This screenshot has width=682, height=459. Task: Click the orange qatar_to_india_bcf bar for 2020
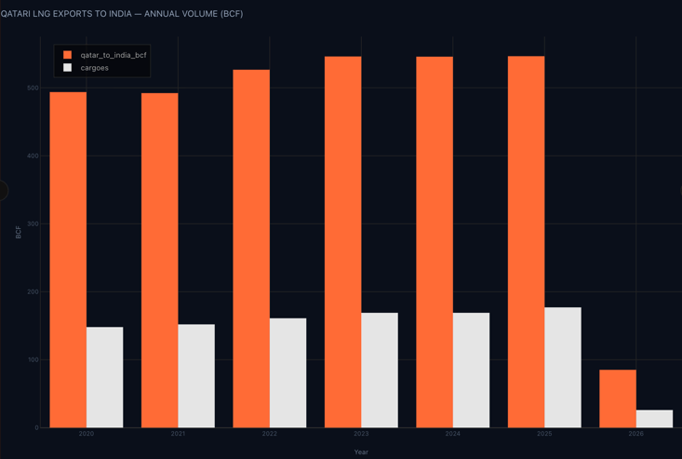coord(68,260)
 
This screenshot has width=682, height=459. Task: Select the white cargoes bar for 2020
coord(104,377)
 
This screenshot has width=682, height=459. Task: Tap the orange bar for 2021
coord(159,261)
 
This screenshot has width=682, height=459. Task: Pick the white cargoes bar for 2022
coord(288,372)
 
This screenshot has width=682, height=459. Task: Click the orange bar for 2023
coord(342,242)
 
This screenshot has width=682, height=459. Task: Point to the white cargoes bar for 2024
coord(471,370)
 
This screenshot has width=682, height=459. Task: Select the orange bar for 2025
coord(526,242)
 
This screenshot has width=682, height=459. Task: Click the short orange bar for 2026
coord(618,398)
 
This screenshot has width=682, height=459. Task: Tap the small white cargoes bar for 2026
coord(654,419)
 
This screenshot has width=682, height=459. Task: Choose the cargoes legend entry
coord(94,68)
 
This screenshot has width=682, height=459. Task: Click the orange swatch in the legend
coord(67,55)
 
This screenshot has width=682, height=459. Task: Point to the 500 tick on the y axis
coord(33,88)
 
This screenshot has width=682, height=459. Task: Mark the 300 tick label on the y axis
coord(33,223)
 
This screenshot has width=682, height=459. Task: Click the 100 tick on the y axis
coord(33,359)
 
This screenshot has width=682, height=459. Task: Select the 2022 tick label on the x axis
coord(270,434)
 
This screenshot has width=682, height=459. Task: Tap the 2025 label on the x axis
coord(544,434)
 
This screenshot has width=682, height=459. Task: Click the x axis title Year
coord(361,452)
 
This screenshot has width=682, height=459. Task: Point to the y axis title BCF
coord(18,232)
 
